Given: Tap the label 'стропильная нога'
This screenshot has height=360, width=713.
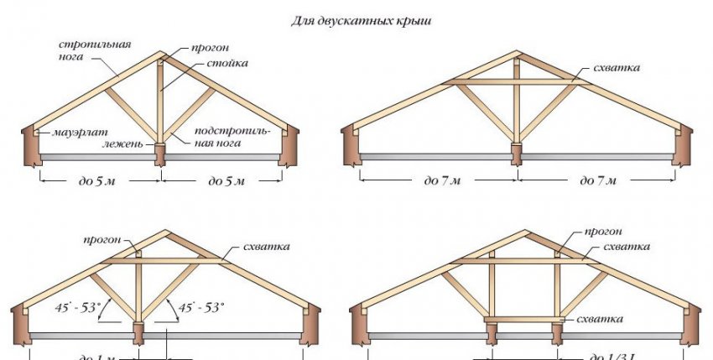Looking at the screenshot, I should coord(89,50).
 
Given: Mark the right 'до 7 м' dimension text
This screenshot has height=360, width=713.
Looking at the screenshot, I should coord(596,180).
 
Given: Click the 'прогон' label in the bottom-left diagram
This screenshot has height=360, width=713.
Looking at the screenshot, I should coord(103,239).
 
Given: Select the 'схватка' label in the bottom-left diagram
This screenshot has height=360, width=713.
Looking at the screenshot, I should coord(266,247).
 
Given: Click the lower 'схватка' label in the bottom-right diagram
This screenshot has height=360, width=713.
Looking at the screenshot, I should coord(599,320).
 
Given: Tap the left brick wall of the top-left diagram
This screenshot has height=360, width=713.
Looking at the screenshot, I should coord(30,146).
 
